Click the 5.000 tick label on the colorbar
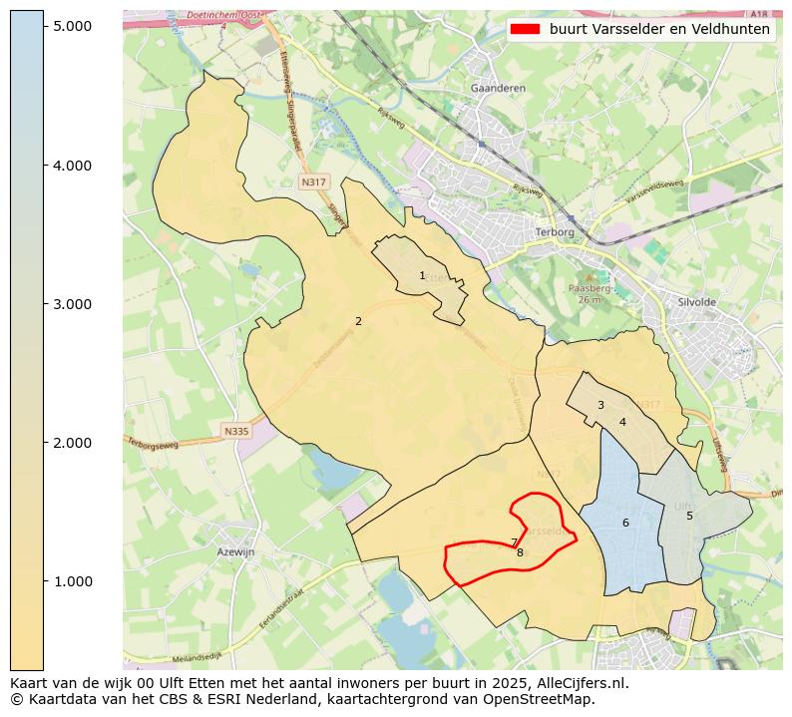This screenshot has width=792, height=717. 73,26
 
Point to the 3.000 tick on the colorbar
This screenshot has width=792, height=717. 73,304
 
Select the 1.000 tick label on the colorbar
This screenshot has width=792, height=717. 73,581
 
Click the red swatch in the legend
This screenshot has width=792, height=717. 525,29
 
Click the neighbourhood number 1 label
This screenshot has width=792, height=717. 422,276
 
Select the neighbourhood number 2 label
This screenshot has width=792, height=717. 358,321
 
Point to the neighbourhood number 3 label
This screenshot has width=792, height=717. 600,405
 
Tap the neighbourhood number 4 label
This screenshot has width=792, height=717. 622,422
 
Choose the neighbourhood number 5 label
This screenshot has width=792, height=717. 689,516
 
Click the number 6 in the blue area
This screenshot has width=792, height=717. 625,523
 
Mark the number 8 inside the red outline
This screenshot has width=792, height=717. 520,551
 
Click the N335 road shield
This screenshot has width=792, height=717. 235,431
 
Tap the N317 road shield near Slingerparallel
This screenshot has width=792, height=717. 313,182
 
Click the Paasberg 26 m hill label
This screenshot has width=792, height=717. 588,293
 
